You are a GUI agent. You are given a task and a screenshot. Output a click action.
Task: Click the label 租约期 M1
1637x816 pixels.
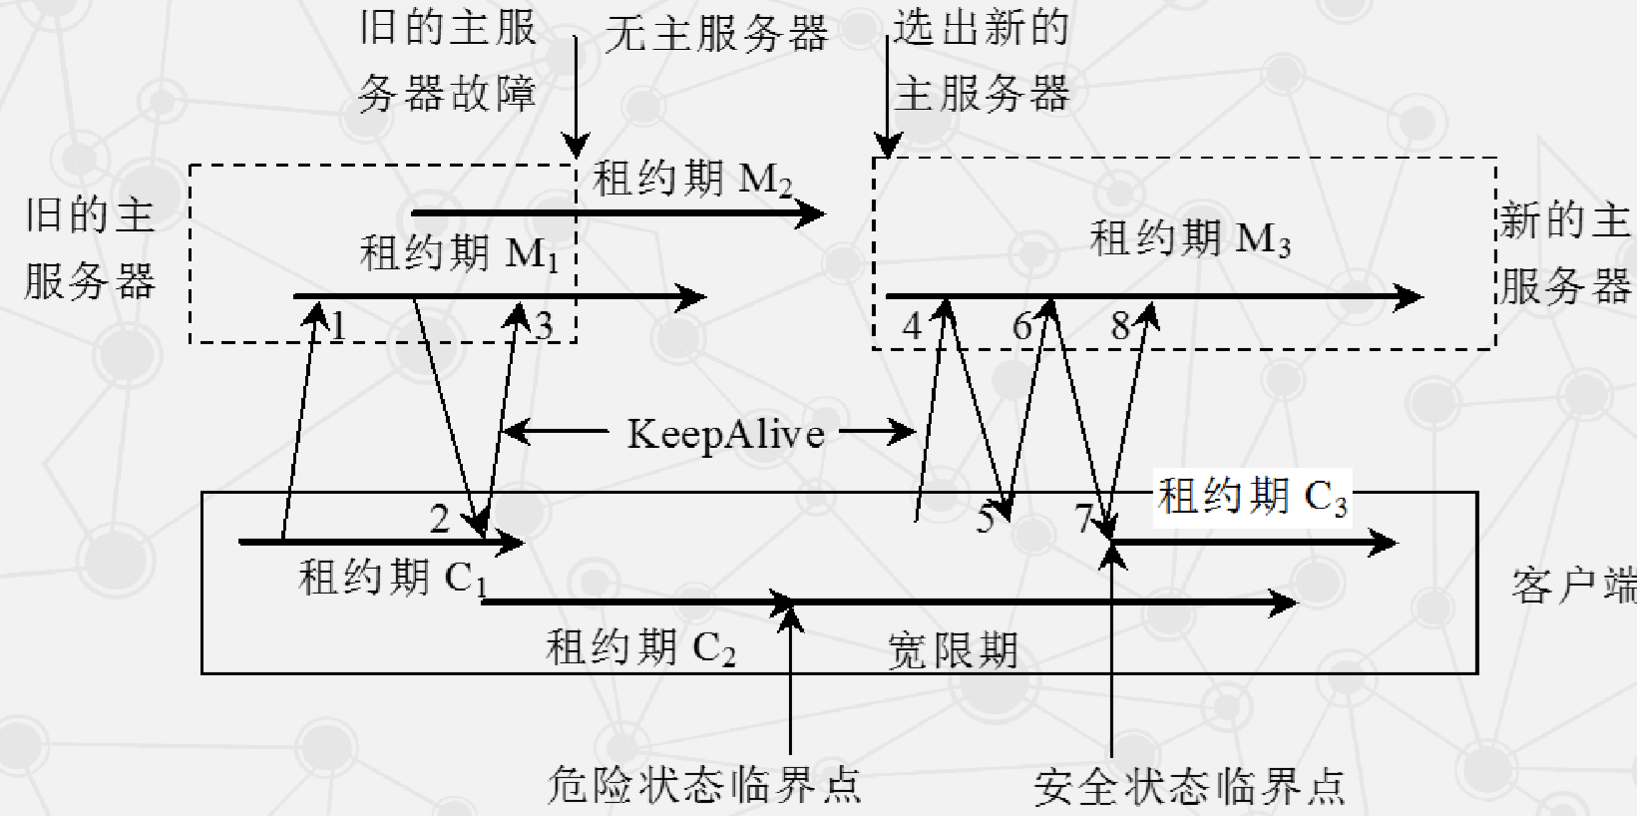tap(458, 253)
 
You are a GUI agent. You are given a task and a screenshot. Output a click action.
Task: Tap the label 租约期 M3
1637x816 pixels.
tap(1189, 239)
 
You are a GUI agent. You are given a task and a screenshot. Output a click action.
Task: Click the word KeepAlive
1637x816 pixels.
tap(725, 434)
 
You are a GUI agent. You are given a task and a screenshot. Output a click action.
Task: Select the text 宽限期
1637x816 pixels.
tap(953, 651)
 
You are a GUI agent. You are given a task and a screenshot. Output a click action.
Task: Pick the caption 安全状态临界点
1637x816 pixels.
tap(1189, 787)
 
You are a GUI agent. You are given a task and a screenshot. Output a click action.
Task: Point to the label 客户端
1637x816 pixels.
tap(1572, 586)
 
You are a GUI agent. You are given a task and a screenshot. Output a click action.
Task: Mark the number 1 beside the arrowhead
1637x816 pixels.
tap(339, 326)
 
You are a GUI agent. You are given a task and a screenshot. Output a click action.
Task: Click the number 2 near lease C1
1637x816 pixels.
tap(440, 518)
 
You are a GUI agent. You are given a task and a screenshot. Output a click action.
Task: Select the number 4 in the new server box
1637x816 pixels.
tap(912, 326)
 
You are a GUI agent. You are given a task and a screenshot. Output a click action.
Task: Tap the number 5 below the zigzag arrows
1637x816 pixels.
tap(986, 519)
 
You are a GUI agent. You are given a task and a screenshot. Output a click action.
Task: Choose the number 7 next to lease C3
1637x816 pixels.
tap(1084, 519)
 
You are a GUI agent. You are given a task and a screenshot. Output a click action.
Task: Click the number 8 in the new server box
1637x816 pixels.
tap(1120, 326)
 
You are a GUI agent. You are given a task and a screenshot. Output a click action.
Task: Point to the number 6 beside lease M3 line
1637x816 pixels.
tap(1023, 326)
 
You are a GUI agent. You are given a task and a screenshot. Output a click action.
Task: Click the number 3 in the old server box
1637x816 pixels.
tap(544, 326)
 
